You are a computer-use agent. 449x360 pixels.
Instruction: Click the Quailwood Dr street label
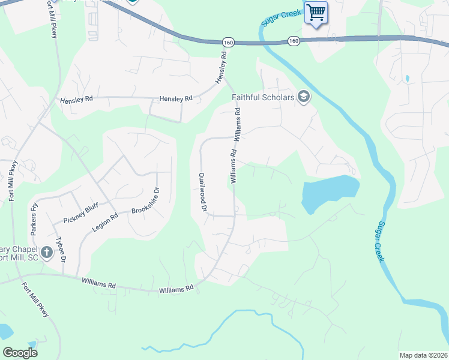pyautogui.click(x=202, y=191)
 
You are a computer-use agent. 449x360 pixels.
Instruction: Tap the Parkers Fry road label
pyautogui.click(x=34, y=216)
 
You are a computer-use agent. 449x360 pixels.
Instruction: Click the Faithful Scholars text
pyautogui.click(x=264, y=97)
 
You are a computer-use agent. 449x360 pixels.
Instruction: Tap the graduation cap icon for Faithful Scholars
pyautogui.click(x=303, y=97)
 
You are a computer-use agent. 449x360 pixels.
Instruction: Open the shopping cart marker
pyautogui.click(x=316, y=12)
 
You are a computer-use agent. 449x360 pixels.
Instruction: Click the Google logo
pyautogui.click(x=20, y=353)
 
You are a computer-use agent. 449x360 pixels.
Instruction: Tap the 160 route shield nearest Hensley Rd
pyautogui.click(x=228, y=42)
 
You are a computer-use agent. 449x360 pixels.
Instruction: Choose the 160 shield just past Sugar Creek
pyautogui.click(x=293, y=41)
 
